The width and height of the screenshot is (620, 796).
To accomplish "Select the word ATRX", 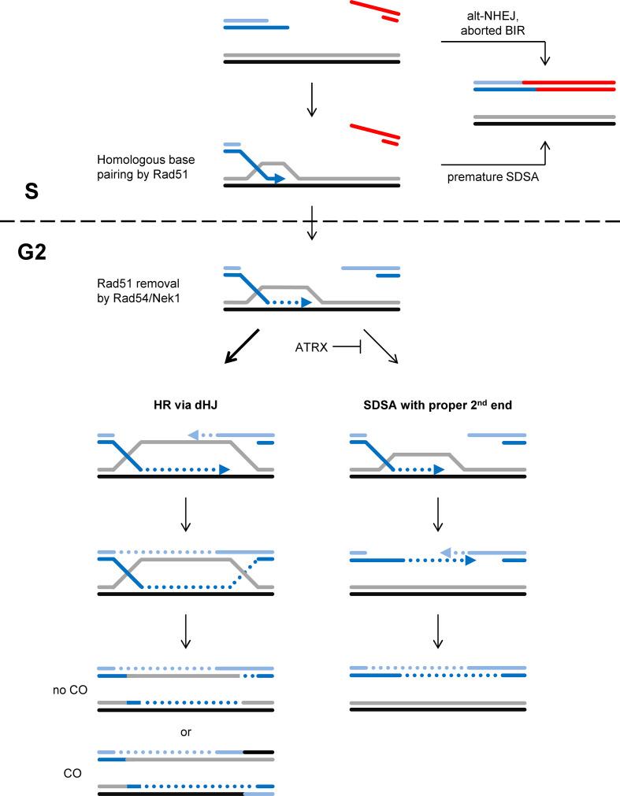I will click(307, 345).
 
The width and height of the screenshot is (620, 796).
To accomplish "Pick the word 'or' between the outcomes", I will click(185, 731).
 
